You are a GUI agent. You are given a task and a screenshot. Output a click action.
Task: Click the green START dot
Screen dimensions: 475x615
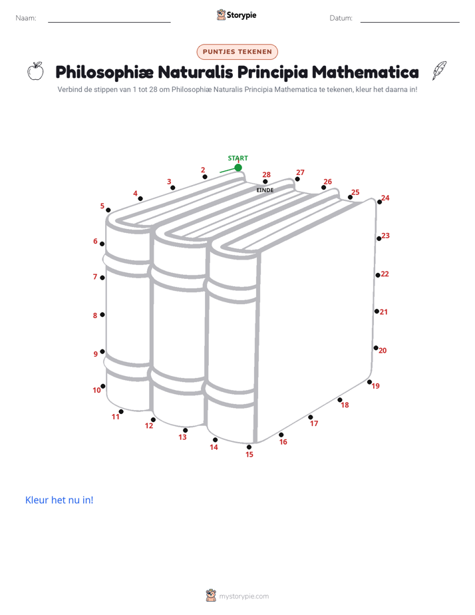(x=238, y=168)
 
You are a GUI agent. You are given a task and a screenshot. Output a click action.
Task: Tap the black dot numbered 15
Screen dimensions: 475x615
(x=249, y=447)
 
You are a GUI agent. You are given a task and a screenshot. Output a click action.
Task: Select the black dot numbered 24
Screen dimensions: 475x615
(x=379, y=202)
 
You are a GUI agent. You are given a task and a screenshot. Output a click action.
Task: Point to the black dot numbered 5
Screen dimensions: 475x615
(x=108, y=210)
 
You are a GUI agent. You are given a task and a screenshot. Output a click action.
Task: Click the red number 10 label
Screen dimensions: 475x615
(x=96, y=390)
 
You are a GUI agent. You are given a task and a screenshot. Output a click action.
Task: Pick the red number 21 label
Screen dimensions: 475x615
(x=384, y=312)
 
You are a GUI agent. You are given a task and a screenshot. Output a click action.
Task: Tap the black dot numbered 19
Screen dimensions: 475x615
(x=369, y=382)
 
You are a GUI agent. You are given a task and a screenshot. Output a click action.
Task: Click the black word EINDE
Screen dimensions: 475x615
(x=265, y=190)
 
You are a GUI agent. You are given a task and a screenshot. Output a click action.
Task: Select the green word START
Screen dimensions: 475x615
(x=238, y=158)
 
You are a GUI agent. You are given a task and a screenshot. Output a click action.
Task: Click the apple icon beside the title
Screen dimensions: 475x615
(x=35, y=71)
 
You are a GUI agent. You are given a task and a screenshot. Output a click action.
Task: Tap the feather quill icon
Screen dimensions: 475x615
(x=439, y=71)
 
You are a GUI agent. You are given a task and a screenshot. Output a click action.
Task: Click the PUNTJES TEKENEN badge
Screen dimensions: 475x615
(x=237, y=52)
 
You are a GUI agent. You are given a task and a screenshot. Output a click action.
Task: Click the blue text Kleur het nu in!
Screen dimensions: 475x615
(x=59, y=500)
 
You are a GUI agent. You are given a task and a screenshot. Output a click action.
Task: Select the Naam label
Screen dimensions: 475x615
(x=26, y=18)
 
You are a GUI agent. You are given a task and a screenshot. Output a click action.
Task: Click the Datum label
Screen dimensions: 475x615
(x=341, y=18)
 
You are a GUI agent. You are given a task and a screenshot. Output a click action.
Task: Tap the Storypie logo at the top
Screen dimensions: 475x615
(x=237, y=15)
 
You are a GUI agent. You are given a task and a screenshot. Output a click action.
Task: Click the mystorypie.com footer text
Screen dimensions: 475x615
(x=243, y=596)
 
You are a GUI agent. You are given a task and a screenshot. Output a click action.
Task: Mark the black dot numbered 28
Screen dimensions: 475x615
(x=265, y=182)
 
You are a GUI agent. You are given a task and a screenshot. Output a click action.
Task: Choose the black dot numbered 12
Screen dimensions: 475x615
(x=153, y=420)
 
